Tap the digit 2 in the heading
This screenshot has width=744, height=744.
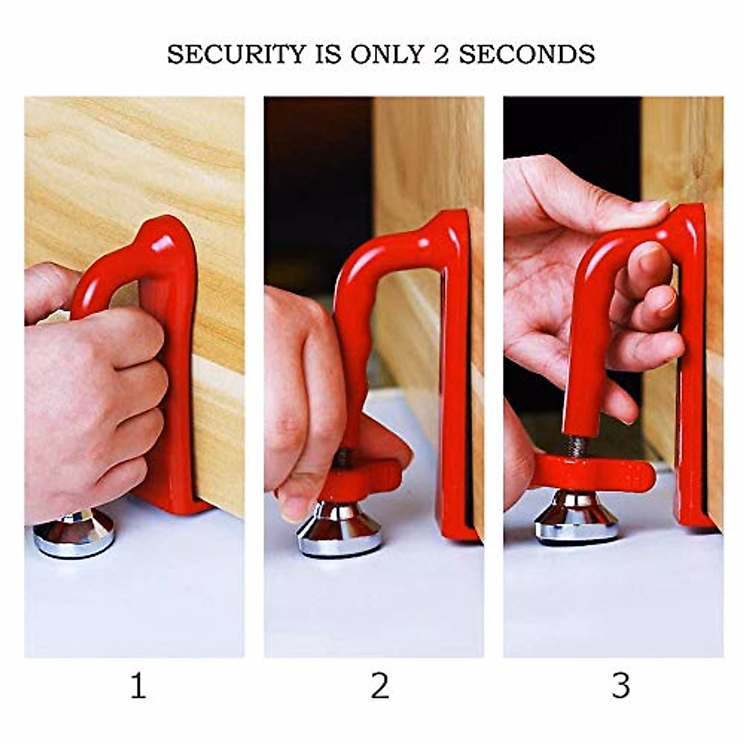(438, 55)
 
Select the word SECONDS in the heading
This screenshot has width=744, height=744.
(526, 55)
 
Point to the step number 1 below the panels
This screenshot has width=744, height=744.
(138, 687)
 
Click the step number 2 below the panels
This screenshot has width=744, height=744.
(379, 687)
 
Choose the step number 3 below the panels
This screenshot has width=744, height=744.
(620, 687)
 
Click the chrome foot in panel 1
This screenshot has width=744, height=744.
(74, 534)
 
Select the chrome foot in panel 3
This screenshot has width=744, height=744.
(577, 520)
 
